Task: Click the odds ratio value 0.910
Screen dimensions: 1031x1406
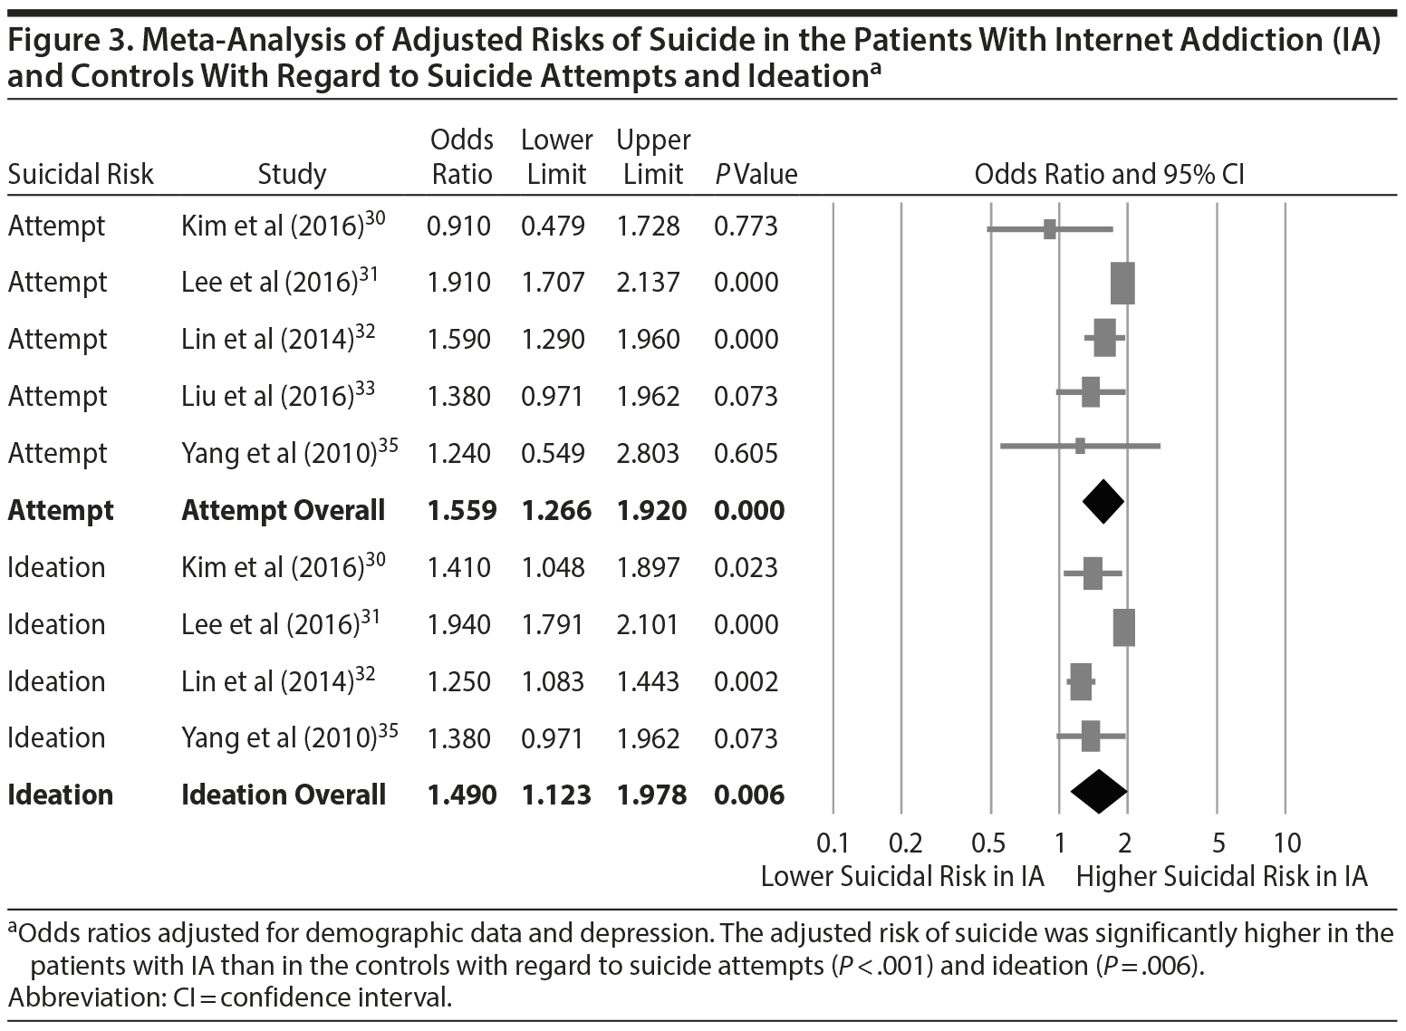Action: click(x=458, y=226)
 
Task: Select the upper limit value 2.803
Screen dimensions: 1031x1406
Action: click(x=648, y=453)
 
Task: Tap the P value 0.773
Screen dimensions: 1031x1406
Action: click(x=746, y=226)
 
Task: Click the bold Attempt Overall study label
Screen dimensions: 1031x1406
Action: click(x=284, y=510)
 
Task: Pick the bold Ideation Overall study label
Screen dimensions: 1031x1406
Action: click(x=284, y=795)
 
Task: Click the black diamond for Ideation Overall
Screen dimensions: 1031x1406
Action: click(x=1098, y=792)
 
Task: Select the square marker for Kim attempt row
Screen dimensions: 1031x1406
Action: click(x=1049, y=229)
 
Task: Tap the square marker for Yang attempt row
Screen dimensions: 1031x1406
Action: click(x=1079, y=446)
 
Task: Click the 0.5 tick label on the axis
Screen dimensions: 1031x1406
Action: click(x=988, y=843)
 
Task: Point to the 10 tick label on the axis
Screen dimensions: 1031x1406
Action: click(x=1286, y=843)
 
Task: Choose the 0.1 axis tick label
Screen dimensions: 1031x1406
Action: click(x=833, y=843)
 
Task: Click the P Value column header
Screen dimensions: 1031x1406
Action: click(x=756, y=174)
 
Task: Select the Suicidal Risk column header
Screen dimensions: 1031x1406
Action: click(x=81, y=174)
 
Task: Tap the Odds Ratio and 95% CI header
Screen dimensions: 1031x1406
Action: click(x=1109, y=174)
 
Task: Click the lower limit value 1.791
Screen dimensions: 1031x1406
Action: click(x=553, y=624)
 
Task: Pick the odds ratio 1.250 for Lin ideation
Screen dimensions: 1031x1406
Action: click(x=458, y=681)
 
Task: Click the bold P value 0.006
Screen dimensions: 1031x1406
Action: click(x=749, y=795)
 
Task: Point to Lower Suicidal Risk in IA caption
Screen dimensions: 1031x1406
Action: click(x=902, y=877)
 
